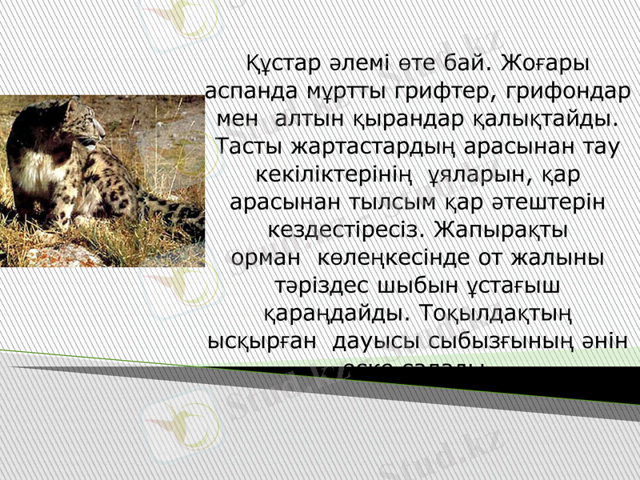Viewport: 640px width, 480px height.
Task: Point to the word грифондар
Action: [x=568, y=90]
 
